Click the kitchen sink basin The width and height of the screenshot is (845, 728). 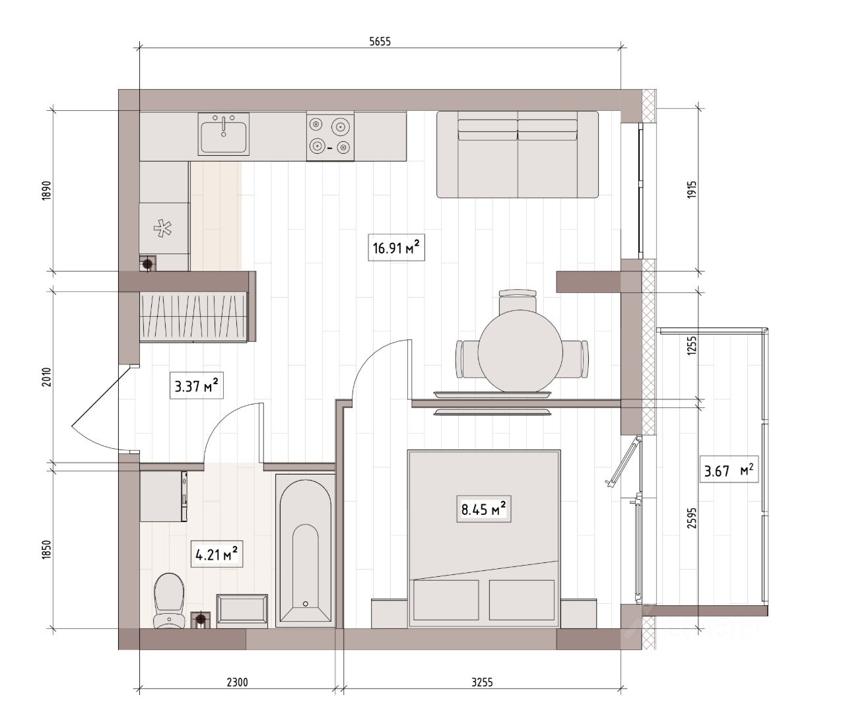pos(224,134)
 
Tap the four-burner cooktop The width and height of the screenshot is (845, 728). pos(330,137)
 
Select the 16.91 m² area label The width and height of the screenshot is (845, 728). pos(396,248)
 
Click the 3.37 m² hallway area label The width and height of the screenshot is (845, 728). pos(197,385)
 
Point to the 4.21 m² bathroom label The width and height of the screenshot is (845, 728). pos(217,554)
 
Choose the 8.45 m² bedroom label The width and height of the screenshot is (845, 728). pos(484,509)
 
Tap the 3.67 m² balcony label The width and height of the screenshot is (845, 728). pos(729,471)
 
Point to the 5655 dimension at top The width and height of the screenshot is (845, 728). pos(380,42)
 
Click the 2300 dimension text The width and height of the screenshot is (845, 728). pos(238,682)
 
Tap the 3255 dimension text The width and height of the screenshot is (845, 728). pos(482,682)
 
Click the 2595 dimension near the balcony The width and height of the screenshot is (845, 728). pos(692,518)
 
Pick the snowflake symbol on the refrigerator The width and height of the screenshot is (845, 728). pos(162,228)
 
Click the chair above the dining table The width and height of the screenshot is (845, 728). pos(518,300)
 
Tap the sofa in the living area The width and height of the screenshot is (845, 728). pos(517,154)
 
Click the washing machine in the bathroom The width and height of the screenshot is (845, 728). pos(164,496)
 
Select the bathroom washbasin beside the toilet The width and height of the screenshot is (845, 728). pos(242,611)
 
